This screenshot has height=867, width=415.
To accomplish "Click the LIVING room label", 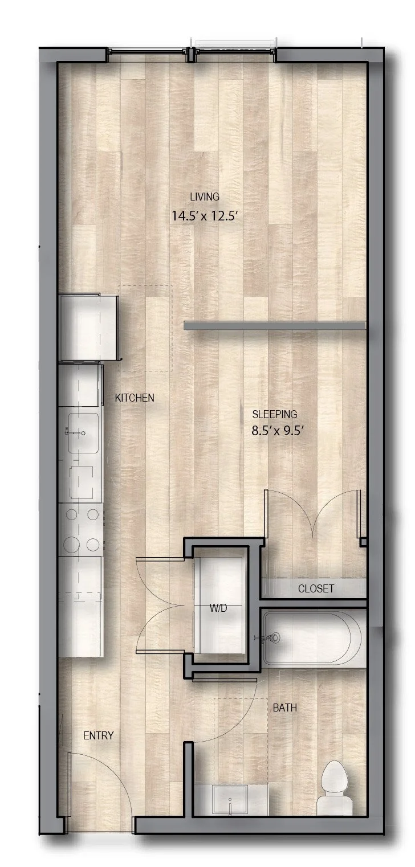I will coord(205,197).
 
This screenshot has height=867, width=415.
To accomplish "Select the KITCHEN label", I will coord(135,398).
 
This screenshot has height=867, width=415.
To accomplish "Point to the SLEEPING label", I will coord(275,414).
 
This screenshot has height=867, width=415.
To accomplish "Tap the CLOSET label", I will coord(316,588).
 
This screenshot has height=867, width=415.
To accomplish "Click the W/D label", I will coord(218,608).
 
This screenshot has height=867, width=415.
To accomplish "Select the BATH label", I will coord(284,708).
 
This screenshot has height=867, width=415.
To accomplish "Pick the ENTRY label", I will coord(98,735).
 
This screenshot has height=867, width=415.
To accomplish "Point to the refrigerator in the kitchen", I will coord(89,326).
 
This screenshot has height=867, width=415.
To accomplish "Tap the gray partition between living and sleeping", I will coord(274,325).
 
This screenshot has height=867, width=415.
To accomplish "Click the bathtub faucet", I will coord(271,637).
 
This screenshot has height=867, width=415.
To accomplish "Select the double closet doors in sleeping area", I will coord(312,513).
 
